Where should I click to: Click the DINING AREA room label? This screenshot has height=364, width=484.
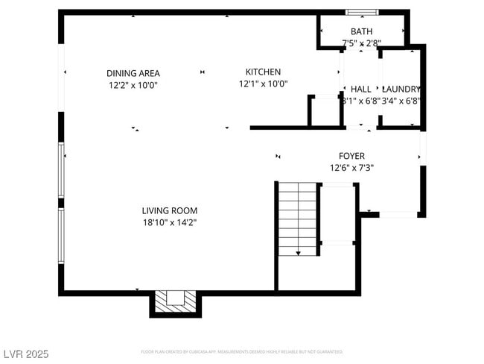point(133,73)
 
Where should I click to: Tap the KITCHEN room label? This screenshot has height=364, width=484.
point(263,72)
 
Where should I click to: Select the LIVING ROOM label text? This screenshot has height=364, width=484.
point(170,210)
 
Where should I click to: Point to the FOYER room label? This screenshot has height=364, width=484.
point(351,156)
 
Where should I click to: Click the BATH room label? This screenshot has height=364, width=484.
point(361,31)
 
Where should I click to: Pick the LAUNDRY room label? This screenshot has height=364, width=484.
point(401,89)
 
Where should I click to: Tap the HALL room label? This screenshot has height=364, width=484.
point(360,89)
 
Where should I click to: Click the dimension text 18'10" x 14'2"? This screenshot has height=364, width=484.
point(170,222)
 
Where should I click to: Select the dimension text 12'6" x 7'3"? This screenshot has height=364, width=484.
point(351,168)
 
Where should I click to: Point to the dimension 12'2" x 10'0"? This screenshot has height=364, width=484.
point(133,85)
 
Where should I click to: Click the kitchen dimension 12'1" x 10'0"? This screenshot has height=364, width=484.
point(263,84)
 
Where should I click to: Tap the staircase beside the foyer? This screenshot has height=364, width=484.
point(297,219)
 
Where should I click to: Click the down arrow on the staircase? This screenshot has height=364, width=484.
point(298,254)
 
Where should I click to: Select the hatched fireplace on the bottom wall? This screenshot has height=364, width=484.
point(176,301)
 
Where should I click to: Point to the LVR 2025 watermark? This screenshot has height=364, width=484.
point(25,354)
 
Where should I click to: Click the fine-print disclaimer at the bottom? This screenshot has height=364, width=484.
point(241,351)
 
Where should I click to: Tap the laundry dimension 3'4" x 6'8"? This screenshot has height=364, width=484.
point(401,101)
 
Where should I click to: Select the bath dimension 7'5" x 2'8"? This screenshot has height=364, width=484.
point(361,43)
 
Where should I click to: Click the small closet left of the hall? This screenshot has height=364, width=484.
point(325,111)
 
